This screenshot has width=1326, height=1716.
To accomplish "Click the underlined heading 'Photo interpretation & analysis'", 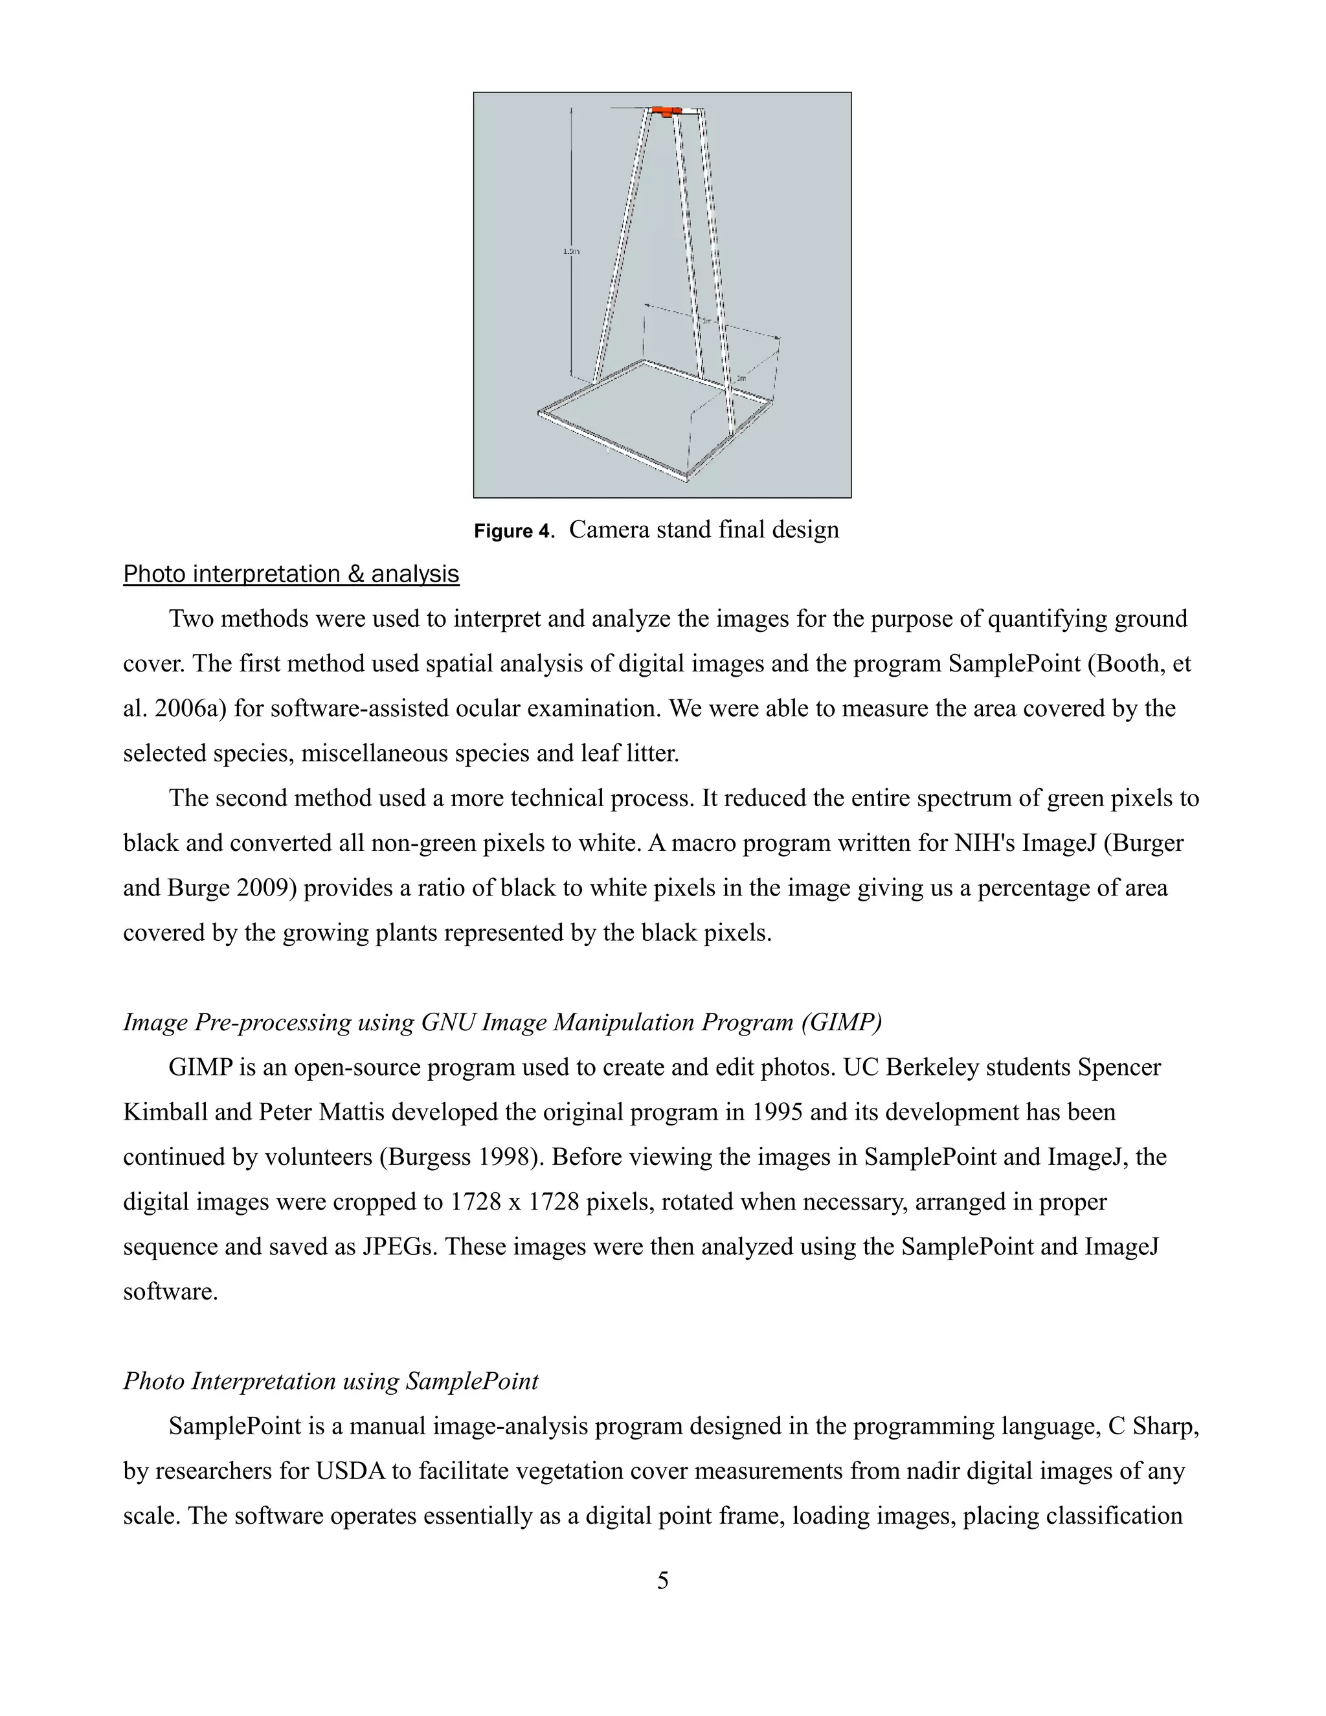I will point(291,574).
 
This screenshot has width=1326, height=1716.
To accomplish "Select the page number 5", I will point(662,1580).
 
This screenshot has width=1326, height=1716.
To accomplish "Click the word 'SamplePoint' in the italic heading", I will point(471,1381).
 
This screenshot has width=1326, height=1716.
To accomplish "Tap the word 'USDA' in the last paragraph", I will point(350,1471).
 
